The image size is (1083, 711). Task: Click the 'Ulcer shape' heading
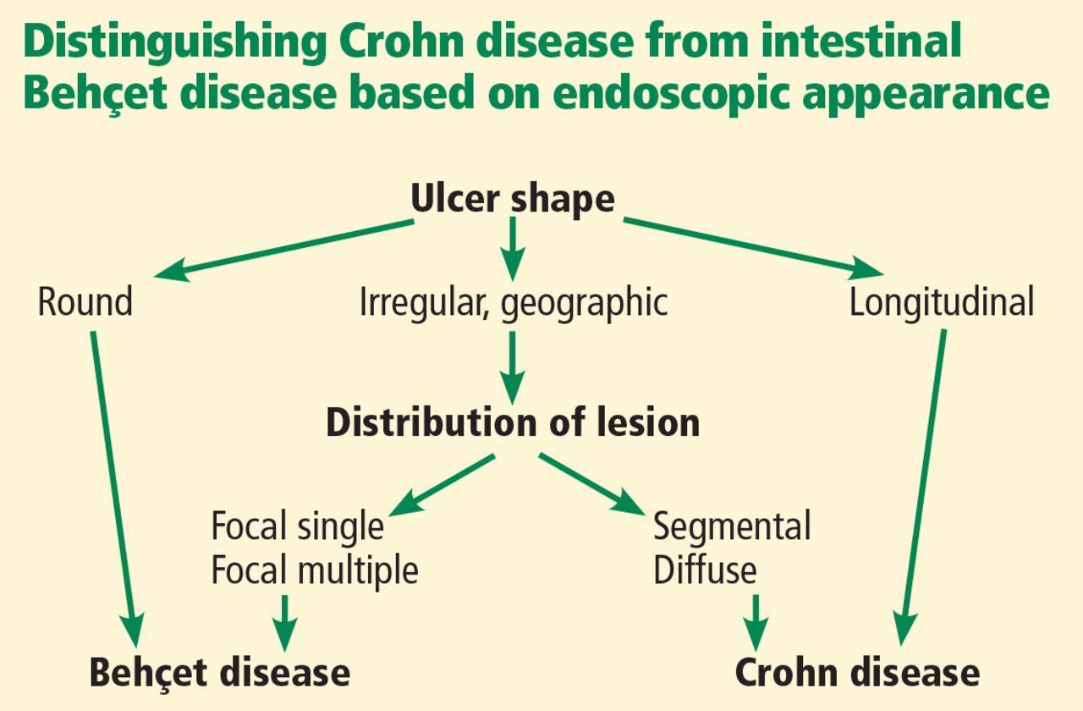click(x=513, y=199)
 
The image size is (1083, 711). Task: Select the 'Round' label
click(x=85, y=302)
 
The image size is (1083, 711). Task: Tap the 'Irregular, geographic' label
click(x=514, y=303)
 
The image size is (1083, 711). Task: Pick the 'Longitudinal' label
click(x=942, y=302)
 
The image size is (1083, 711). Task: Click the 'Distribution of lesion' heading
click(x=513, y=422)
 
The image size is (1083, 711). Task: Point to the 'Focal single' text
click(x=298, y=526)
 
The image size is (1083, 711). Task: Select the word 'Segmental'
click(x=732, y=526)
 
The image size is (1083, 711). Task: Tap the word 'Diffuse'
click(x=705, y=570)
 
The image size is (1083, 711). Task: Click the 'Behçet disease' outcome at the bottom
click(x=220, y=673)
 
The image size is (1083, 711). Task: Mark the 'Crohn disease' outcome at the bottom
click(x=857, y=672)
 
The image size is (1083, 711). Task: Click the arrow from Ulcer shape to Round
click(x=283, y=250)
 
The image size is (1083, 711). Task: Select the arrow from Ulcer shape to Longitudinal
click(x=753, y=249)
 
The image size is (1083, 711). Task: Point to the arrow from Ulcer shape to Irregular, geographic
click(x=513, y=249)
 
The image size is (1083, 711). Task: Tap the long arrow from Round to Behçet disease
click(x=114, y=488)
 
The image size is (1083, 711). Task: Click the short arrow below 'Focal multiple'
click(x=285, y=623)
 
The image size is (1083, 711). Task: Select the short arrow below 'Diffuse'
click(x=756, y=623)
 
